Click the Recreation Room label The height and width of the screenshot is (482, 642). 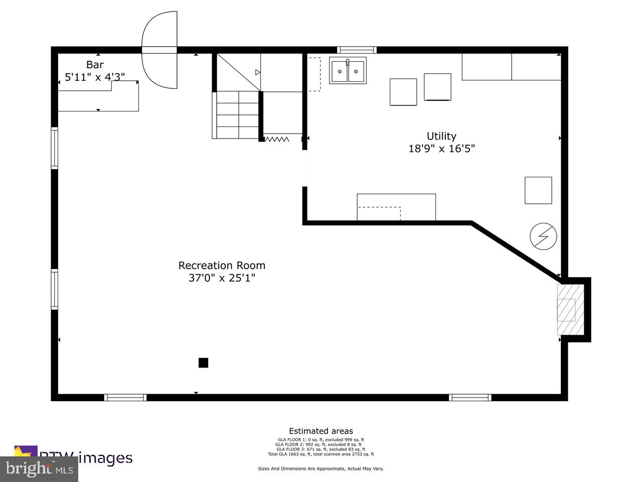click(222, 265)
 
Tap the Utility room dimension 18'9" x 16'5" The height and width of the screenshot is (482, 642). click(441, 149)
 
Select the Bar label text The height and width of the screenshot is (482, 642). click(95, 65)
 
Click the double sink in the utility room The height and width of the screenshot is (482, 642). click(348, 71)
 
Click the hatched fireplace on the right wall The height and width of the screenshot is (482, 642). click(570, 310)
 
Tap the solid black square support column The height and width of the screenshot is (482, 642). click(203, 363)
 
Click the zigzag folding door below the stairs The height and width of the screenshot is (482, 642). click(276, 139)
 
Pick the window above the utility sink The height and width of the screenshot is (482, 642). click(357, 50)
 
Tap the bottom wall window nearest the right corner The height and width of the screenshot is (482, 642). click(470, 397)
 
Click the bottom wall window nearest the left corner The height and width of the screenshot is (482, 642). click(125, 397)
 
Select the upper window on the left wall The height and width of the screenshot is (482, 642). click(54, 148)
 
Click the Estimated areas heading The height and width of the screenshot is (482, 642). click(320, 431)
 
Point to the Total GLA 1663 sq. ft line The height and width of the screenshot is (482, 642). click(320, 454)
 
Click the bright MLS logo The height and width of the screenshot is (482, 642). click(39, 469)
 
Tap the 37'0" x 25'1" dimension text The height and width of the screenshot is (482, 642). click(222, 278)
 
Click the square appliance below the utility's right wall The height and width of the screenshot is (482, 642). click(538, 190)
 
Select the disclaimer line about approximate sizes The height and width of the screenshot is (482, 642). click(320, 468)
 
